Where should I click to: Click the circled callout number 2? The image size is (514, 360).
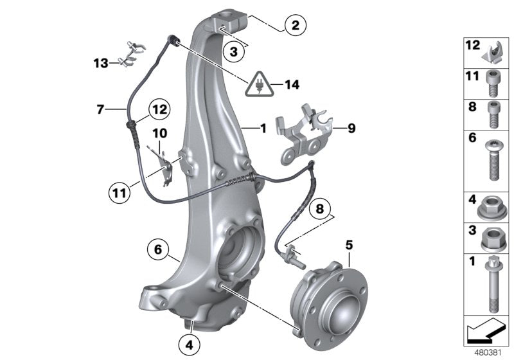point(295,26)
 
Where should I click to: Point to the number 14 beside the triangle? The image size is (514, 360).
point(292,84)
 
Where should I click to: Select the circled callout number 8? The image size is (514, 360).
point(321,210)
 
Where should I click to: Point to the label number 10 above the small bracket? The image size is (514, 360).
point(159,133)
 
